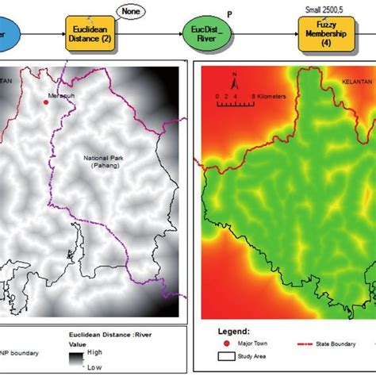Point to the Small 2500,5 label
[x=326, y=9]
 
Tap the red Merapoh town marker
[x=44, y=102]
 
